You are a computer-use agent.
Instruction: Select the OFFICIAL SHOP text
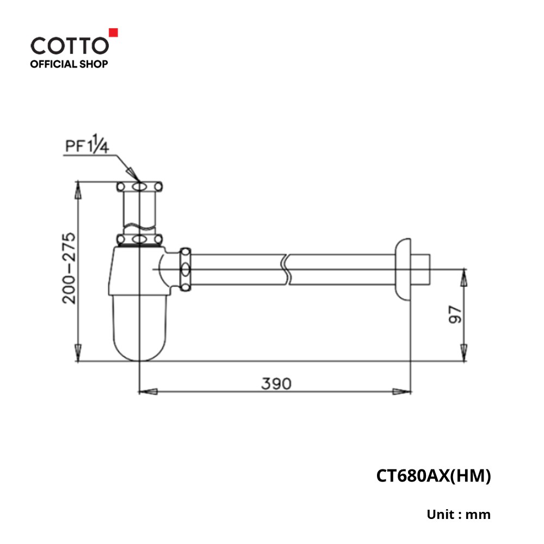(69, 64)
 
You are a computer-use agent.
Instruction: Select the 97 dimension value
(455, 314)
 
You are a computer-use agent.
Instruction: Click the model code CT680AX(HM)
(434, 476)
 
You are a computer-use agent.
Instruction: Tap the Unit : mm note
(459, 514)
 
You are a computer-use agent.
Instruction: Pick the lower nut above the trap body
(140, 239)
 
